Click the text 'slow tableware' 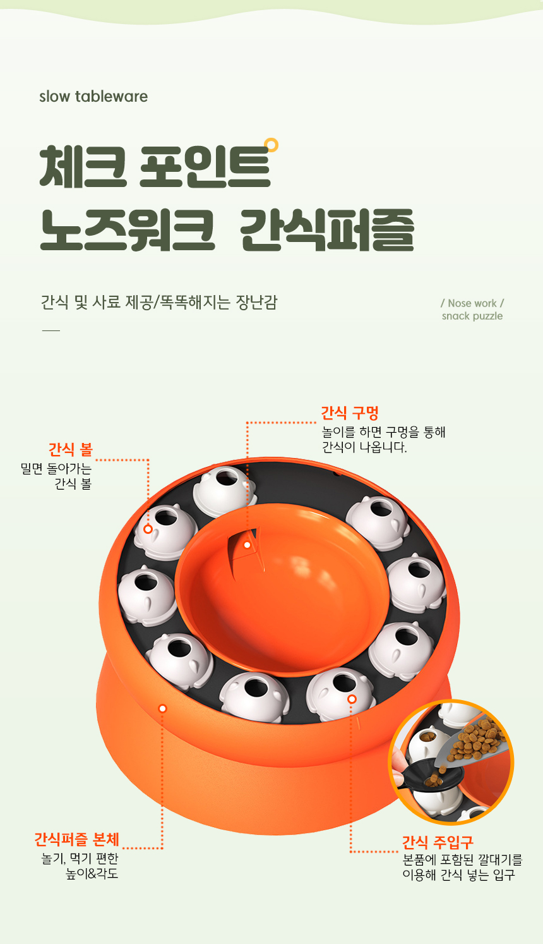click(x=93, y=97)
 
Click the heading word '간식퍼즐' click(x=327, y=230)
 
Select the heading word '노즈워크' click(x=127, y=230)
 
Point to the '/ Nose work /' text click(x=472, y=303)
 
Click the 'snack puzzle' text click(x=472, y=316)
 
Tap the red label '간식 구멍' click(x=350, y=413)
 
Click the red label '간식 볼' click(x=70, y=450)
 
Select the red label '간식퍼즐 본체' click(x=76, y=839)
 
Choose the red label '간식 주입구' click(x=438, y=842)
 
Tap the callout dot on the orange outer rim click(x=163, y=708)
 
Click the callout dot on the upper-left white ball click(x=148, y=529)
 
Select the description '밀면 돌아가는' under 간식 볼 click(x=56, y=469)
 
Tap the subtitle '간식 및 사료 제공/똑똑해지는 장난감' click(x=159, y=302)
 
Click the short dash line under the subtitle click(x=51, y=331)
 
